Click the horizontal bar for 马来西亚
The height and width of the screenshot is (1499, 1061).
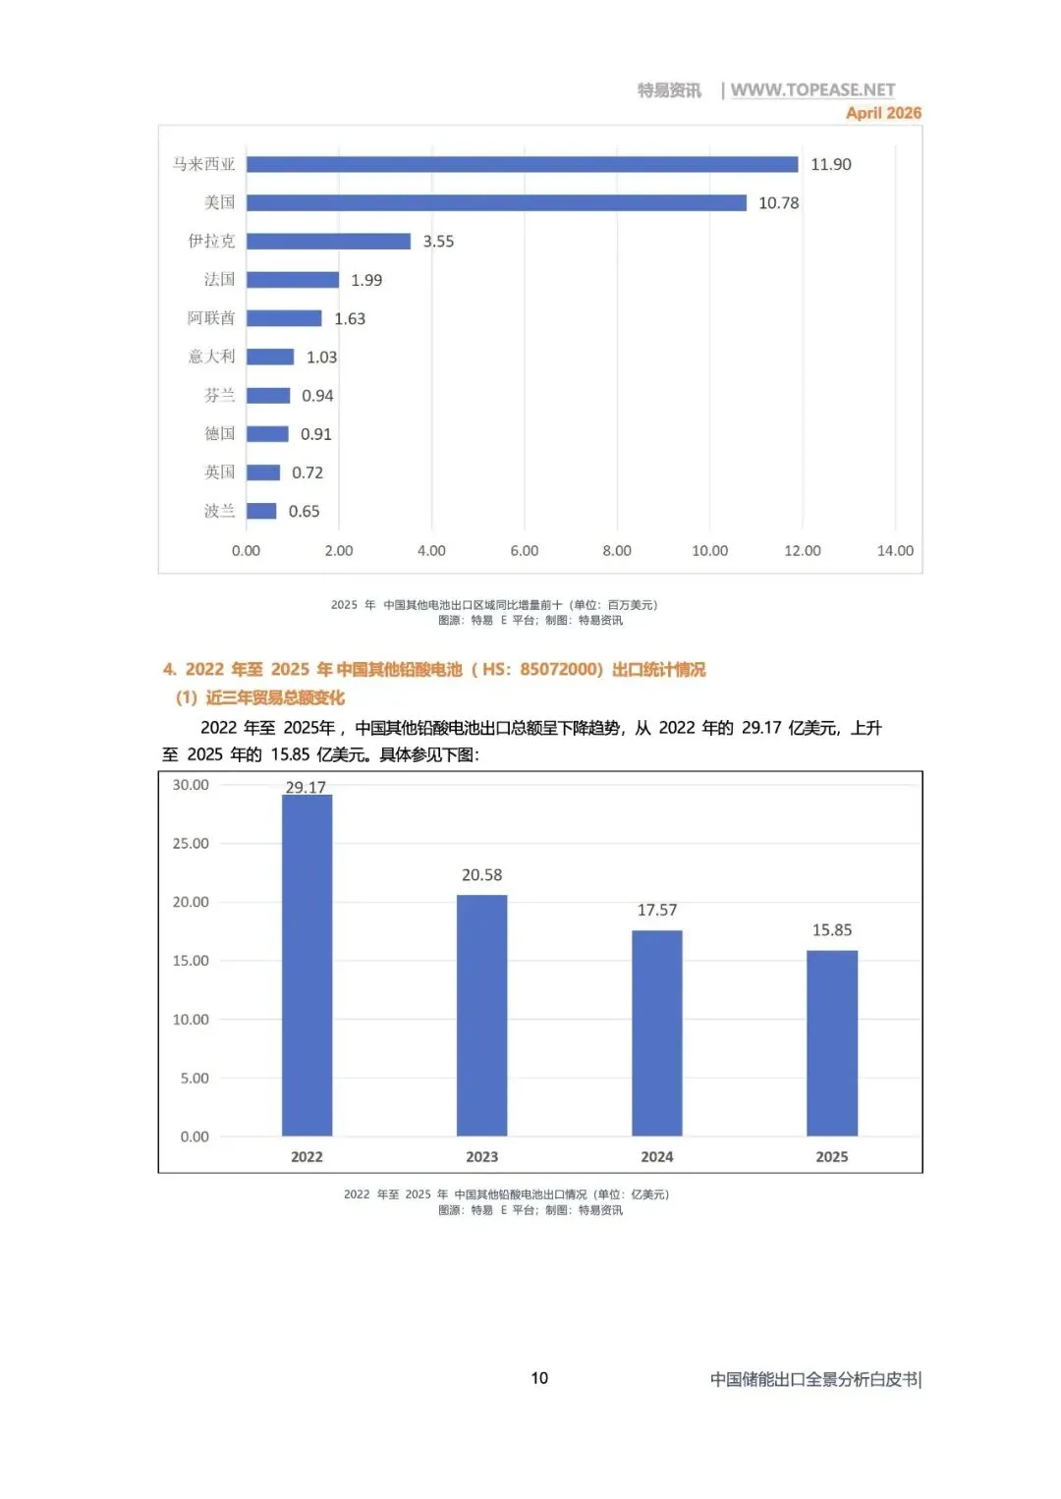(522, 164)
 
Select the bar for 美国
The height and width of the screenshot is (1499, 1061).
(496, 202)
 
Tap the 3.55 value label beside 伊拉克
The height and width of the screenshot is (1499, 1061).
(438, 242)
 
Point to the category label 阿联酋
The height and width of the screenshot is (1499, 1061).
(211, 318)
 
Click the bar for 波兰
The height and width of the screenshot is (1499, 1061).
(261, 511)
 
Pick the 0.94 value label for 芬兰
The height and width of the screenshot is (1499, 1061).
(317, 396)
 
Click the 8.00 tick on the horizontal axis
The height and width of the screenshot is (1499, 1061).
(617, 550)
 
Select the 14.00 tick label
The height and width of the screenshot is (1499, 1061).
(895, 550)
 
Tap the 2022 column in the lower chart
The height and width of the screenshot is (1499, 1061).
(307, 965)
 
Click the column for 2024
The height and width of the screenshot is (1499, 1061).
(656, 1032)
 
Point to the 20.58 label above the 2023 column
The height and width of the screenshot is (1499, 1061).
(482, 874)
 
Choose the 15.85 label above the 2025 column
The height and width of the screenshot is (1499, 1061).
(832, 929)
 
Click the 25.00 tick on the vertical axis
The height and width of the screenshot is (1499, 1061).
(191, 843)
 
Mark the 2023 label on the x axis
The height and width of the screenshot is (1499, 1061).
(482, 1156)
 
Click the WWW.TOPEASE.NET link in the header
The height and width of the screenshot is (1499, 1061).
(812, 89)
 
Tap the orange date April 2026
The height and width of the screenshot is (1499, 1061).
(883, 112)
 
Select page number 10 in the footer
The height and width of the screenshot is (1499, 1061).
(539, 1378)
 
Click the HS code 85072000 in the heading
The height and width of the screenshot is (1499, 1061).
(557, 669)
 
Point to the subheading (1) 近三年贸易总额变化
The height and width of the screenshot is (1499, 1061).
(259, 698)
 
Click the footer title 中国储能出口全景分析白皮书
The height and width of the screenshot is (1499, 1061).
(814, 1379)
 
